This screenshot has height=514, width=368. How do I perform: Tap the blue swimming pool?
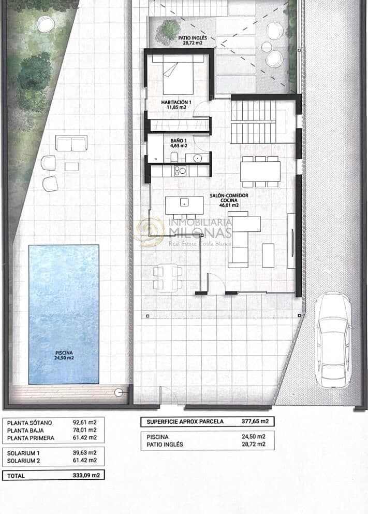coord(64,314)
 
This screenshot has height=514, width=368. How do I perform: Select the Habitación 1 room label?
coord(176,105)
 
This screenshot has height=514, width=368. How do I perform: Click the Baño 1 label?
coord(179,143)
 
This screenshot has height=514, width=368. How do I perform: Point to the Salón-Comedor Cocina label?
coord(229,200)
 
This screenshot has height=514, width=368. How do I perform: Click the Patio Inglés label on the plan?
coord(193,40)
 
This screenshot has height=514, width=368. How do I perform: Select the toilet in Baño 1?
coord(174,157)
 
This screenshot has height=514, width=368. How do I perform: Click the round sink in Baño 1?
coord(198,158)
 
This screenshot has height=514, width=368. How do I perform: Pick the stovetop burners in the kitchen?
coord(180,171)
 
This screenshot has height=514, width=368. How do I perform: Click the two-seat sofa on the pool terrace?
coord(71,143)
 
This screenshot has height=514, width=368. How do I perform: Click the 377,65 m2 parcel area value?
coord(255,421)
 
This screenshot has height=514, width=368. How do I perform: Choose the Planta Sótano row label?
coord(30,423)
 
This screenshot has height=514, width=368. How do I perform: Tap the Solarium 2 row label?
coord(24,461)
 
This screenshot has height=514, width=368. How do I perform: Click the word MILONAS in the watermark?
coord(200,232)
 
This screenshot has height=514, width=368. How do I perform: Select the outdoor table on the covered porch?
coord(168,277)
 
